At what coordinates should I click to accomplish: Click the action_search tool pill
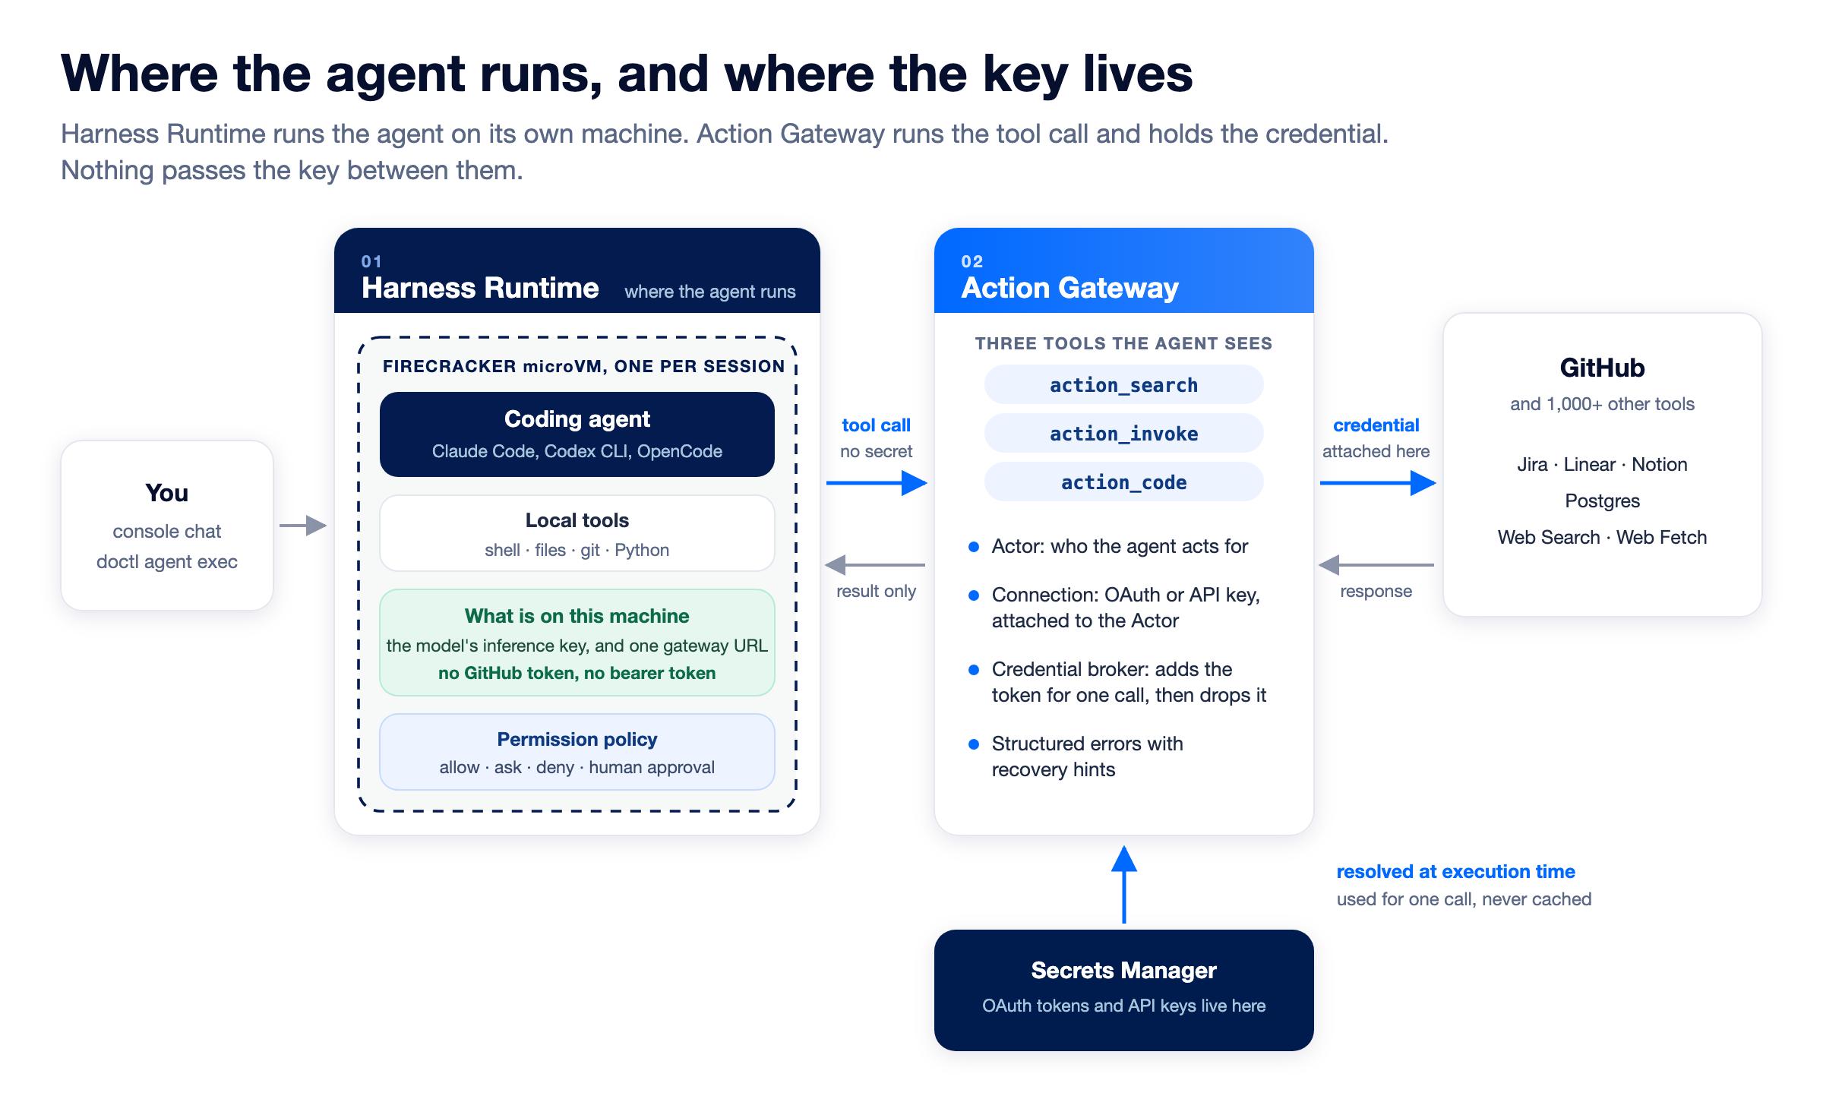click(x=1123, y=384)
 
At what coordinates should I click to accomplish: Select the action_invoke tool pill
click(x=1123, y=433)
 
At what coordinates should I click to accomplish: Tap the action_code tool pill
click(x=1123, y=482)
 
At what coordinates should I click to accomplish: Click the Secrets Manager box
click(x=1123, y=990)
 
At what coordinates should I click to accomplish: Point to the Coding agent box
click(x=577, y=434)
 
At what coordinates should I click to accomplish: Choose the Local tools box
click(x=577, y=533)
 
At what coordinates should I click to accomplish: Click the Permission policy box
click(x=577, y=752)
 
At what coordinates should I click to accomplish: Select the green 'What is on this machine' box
click(x=577, y=643)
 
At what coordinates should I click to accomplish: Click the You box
click(x=167, y=526)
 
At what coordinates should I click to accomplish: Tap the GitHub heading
click(x=1602, y=368)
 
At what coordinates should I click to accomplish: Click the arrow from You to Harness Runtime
click(x=303, y=525)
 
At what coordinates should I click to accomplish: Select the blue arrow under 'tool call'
click(x=877, y=482)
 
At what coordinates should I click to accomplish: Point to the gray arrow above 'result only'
click(x=875, y=564)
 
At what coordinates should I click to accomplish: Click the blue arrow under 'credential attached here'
click(x=1378, y=482)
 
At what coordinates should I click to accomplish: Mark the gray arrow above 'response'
click(x=1376, y=564)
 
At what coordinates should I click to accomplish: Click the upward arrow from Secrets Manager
click(x=1124, y=885)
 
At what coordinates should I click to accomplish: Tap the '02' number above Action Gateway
click(x=972, y=261)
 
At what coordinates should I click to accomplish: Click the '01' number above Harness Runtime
click(x=371, y=261)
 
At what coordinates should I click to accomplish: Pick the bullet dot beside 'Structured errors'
click(x=974, y=744)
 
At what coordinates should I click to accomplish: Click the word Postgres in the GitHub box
click(x=1602, y=501)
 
